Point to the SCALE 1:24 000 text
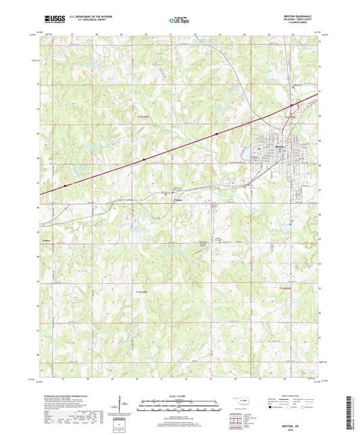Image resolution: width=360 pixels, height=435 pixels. (179, 396)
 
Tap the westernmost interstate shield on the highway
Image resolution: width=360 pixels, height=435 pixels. (65, 185)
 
